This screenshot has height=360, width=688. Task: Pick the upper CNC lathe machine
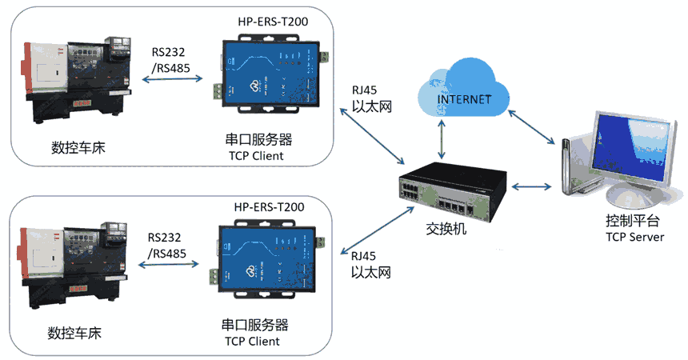80,80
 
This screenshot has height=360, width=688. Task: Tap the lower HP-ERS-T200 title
269,207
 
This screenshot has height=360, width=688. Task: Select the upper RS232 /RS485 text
170,61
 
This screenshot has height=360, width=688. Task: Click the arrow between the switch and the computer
532,187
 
